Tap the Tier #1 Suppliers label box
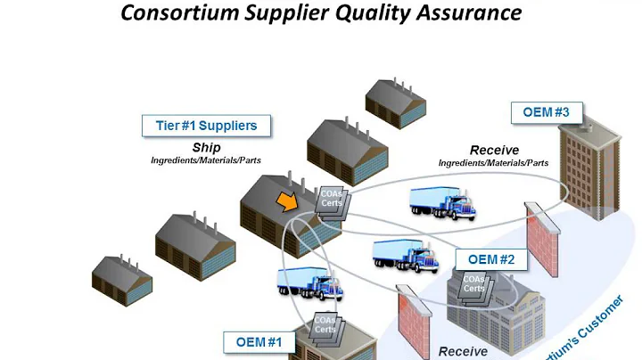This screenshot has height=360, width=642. pos(207,126)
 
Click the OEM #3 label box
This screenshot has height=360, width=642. pos(547,113)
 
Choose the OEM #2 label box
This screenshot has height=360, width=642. pos(491,259)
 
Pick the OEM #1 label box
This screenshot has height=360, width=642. pos(259,342)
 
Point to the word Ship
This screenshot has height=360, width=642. pos(206,147)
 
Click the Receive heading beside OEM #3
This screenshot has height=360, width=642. pos(494,150)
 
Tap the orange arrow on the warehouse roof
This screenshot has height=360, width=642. pos(286,203)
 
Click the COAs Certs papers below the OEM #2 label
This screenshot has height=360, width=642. pos(473,285)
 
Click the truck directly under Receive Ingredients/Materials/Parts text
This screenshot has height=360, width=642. pos(442,203)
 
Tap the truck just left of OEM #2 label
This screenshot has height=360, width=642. pos(406,255)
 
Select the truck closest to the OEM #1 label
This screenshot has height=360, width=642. pos(309,283)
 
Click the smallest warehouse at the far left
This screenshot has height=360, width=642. pos(121,275)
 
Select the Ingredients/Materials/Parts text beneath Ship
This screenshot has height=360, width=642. pos(206,160)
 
